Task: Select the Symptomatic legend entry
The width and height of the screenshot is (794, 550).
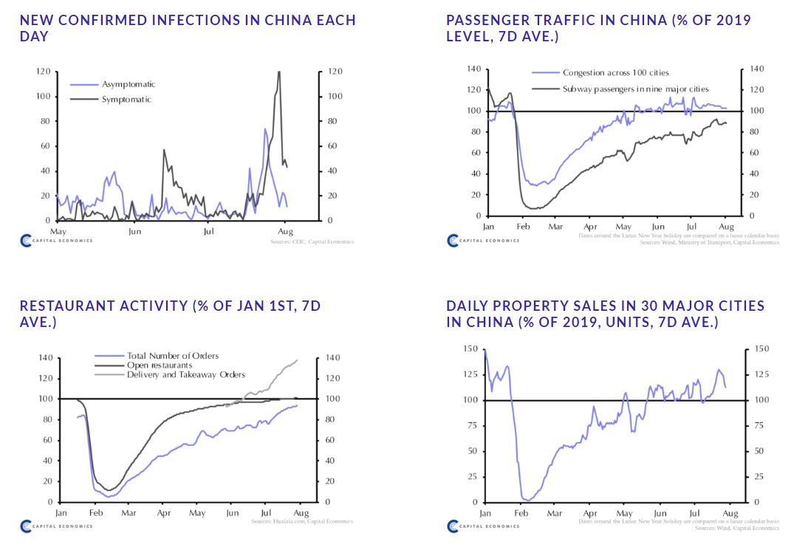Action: tap(126, 99)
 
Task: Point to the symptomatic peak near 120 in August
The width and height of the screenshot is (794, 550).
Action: tap(278, 72)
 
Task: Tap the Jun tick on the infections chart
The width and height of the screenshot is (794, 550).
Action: tap(134, 231)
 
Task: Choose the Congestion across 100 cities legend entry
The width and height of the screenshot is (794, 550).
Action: tap(615, 72)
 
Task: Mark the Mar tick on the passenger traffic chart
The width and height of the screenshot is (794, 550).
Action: tap(555, 226)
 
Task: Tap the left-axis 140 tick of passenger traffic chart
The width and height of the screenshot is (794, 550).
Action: tap(473, 69)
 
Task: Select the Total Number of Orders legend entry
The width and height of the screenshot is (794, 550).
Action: tap(173, 356)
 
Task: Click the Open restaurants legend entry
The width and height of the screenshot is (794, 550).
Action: tap(160, 365)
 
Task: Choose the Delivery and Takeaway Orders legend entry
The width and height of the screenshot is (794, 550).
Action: tap(185, 374)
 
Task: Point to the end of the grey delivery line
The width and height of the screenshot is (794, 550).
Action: tap(297, 360)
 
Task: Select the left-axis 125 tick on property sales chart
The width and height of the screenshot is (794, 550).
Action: tap(470, 374)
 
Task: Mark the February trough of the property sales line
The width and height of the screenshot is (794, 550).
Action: tap(526, 500)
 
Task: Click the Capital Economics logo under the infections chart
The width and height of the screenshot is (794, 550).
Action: tap(56, 240)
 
